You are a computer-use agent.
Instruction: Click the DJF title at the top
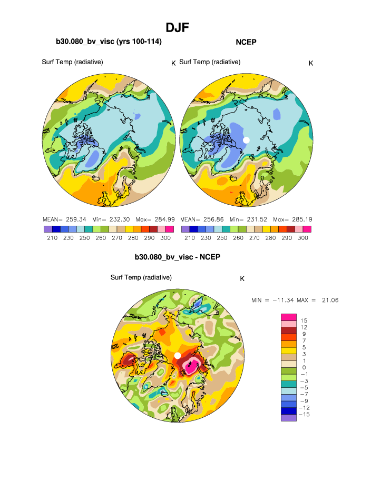177,27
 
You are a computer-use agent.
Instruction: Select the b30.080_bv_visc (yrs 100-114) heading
109,42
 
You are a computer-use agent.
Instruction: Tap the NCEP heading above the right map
246,42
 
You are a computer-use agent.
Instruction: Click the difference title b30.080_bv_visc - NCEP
177,257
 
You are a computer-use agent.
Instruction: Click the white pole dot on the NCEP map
246,139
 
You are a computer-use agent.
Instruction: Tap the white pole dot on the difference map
178,356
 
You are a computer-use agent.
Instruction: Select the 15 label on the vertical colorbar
304,320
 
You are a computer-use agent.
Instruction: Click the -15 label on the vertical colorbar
304,414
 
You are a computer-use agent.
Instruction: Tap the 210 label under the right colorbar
189,238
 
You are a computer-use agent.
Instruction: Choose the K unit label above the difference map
242,279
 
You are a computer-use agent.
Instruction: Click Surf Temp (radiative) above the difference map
141,277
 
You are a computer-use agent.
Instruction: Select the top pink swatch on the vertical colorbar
289,317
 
